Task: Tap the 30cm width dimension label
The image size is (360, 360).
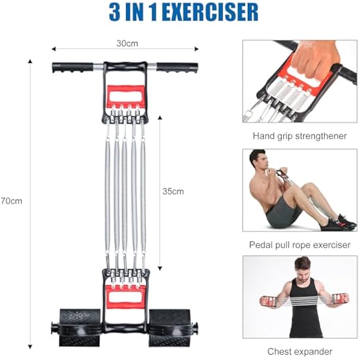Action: pyautogui.click(x=127, y=43)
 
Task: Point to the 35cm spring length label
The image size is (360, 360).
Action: pyautogui.click(x=173, y=191)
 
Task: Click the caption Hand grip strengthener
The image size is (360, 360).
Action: pyautogui.click(x=300, y=136)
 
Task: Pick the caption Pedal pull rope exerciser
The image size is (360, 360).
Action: pyautogui.click(x=300, y=245)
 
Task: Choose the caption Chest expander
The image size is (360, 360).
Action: pyautogui.click(x=300, y=351)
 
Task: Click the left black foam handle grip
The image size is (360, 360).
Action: pyautogui.click(x=72, y=67)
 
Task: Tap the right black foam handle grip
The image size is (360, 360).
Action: pyautogui.click(x=177, y=67)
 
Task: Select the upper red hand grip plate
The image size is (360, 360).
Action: pyautogui.click(x=125, y=95)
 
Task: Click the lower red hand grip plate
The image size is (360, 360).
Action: pyautogui.click(x=125, y=296)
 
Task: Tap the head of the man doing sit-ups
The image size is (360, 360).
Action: pyautogui.click(x=258, y=160)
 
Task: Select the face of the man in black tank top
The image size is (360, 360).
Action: pyautogui.click(x=302, y=266)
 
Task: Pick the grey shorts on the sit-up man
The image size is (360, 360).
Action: pyautogui.click(x=281, y=214)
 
